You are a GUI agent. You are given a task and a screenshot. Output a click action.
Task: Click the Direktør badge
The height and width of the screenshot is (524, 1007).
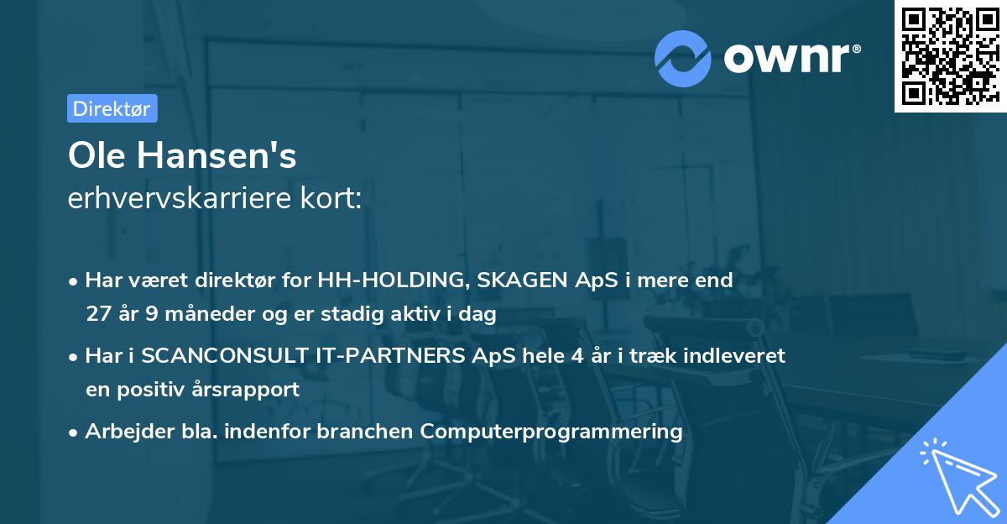(x=112, y=108)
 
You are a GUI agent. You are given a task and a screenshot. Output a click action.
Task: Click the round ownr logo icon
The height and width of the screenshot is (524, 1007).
(x=682, y=59)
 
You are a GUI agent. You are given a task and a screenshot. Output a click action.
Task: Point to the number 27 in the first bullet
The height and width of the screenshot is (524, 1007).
(x=98, y=314)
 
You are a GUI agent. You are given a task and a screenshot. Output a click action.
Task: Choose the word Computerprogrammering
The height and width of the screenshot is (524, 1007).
(x=551, y=432)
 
